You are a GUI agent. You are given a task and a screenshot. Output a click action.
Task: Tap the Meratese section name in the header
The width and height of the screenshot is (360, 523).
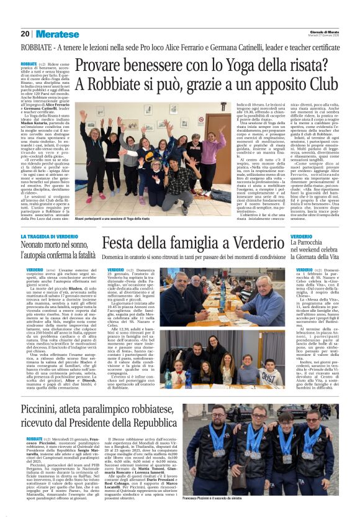pos(57,34)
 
